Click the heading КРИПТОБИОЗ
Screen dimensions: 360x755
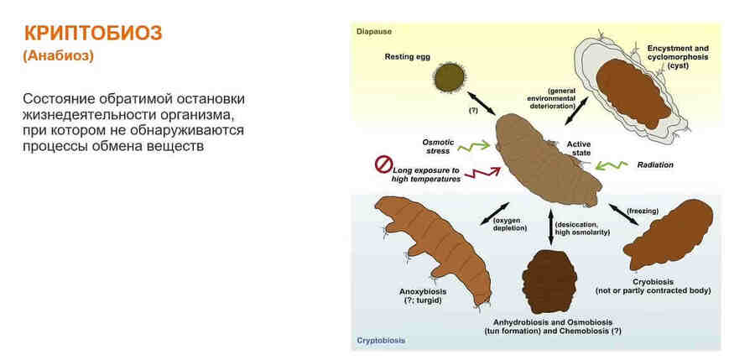click(93, 34)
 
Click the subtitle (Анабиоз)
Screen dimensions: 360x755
click(58, 56)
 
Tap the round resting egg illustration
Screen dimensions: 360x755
click(448, 81)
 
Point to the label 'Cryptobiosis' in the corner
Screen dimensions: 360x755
click(381, 340)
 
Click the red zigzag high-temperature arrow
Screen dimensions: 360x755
click(481, 173)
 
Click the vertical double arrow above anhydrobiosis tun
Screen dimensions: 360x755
click(550, 227)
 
